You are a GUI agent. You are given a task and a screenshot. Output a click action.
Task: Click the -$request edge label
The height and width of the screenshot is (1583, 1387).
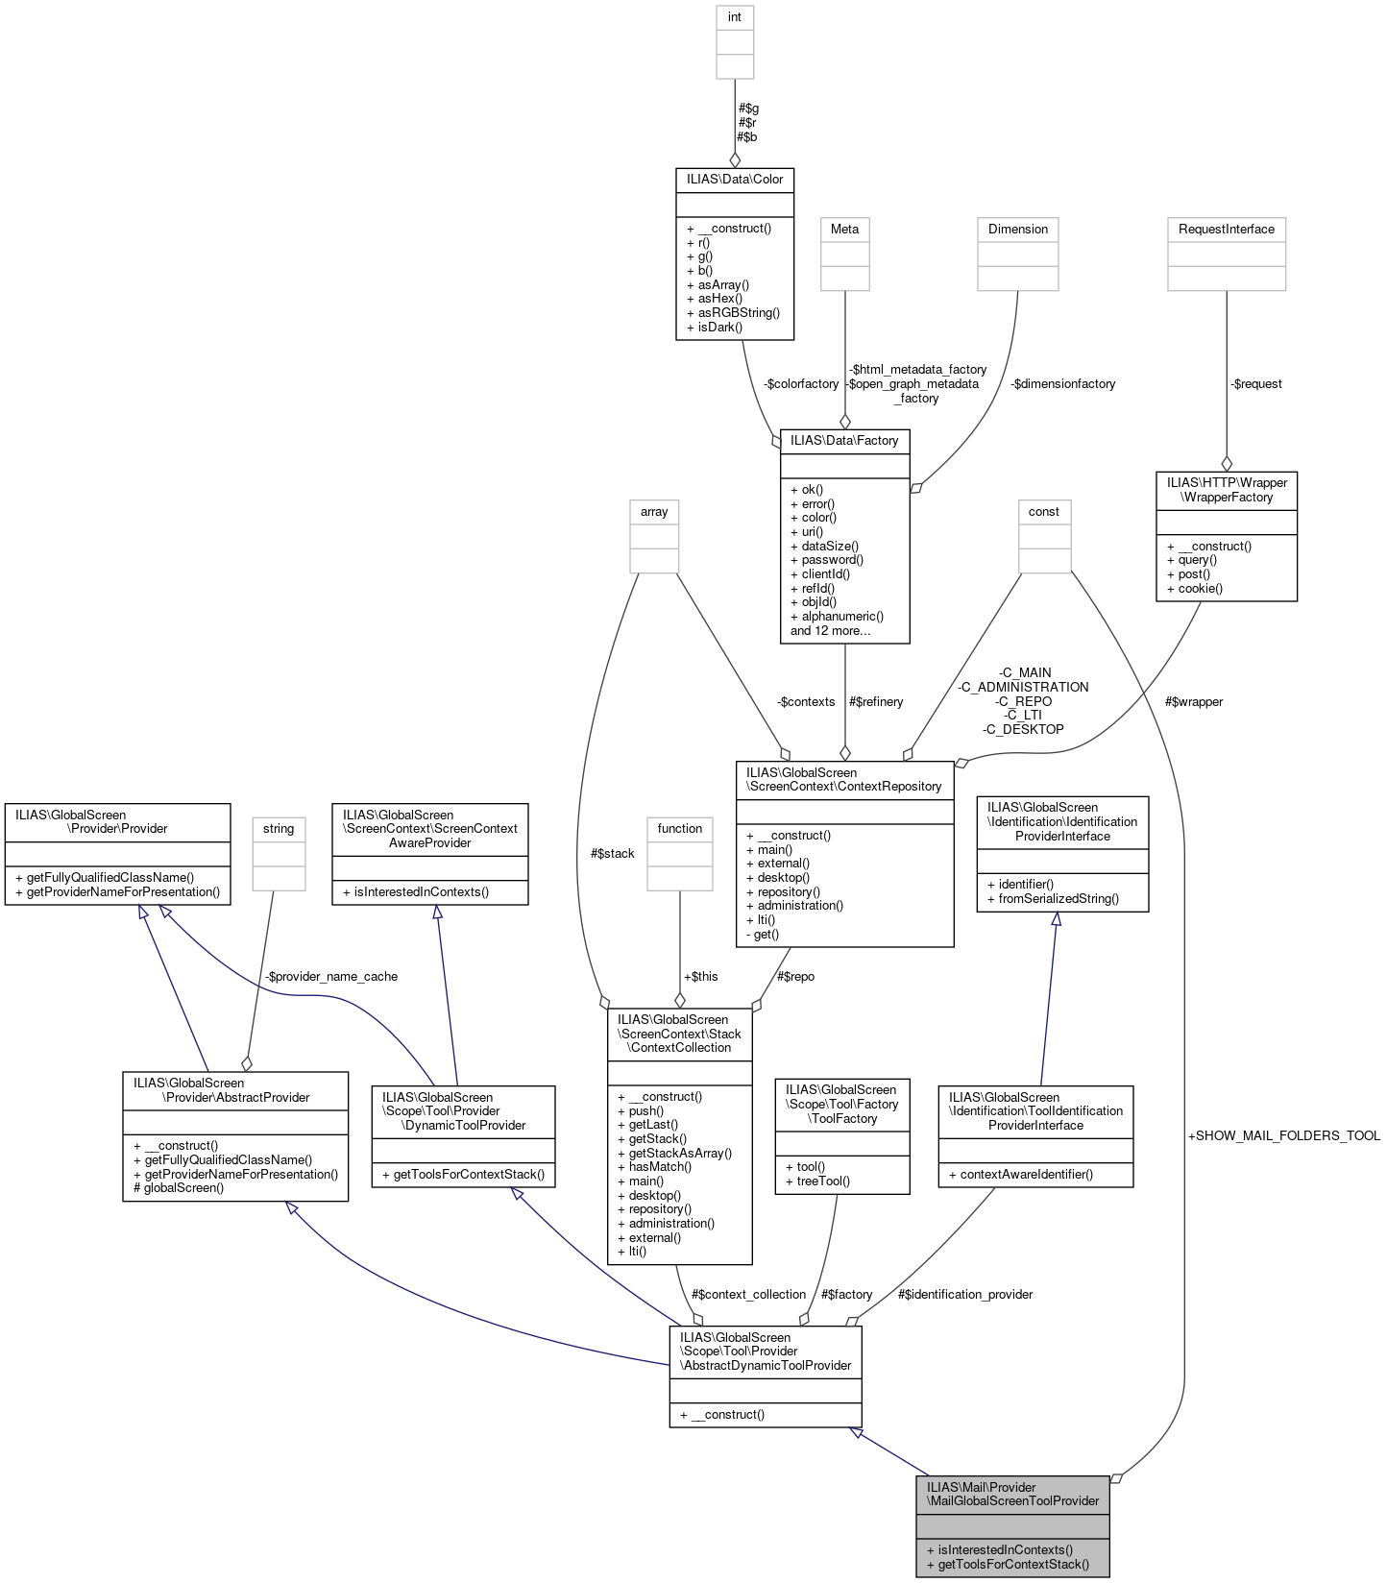(1255, 384)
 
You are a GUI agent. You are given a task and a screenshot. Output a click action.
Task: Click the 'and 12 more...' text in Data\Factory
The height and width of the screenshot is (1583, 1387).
(830, 631)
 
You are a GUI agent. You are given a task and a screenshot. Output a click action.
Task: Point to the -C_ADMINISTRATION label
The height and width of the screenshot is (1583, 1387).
(1023, 688)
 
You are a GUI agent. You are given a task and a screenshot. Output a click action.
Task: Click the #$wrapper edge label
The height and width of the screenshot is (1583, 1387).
(1193, 702)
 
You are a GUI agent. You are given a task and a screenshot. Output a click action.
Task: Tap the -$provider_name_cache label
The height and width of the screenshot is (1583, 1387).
(331, 977)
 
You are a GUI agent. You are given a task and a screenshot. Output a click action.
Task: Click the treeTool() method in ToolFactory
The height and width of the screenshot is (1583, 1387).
(823, 1181)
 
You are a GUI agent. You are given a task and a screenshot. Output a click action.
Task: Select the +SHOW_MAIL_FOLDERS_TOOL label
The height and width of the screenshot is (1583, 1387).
(1283, 1136)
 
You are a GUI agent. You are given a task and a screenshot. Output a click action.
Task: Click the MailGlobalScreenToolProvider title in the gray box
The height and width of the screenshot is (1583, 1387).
(1012, 1495)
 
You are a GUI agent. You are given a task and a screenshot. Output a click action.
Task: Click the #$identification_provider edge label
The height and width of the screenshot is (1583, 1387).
(964, 1295)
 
